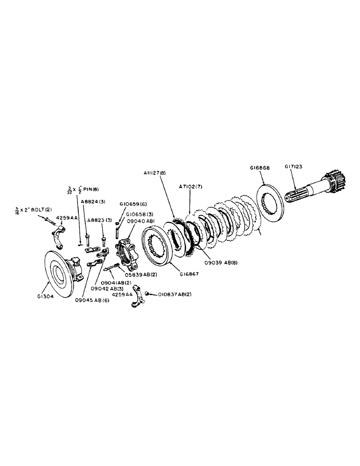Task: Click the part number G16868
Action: pyautogui.click(x=260, y=167)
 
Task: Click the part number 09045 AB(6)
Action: pyautogui.click(x=91, y=300)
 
